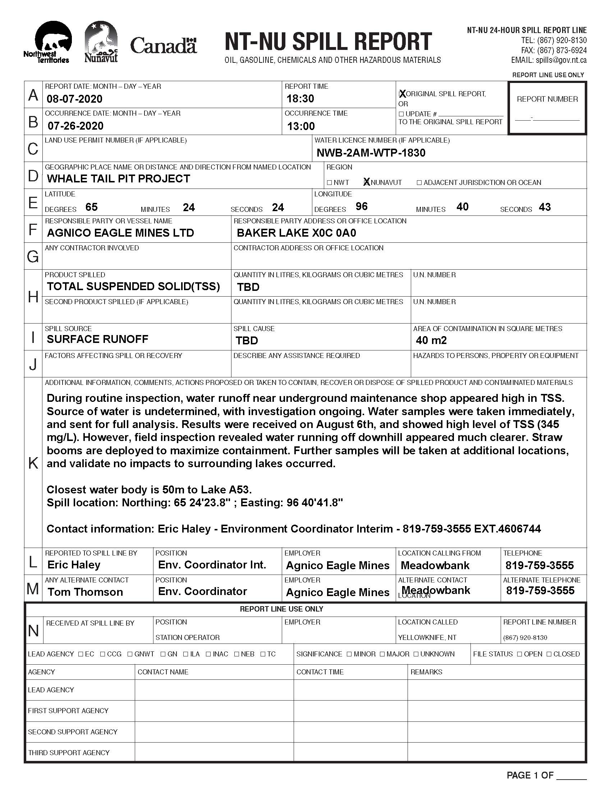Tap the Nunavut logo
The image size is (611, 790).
101,42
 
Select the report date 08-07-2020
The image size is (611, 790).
74,99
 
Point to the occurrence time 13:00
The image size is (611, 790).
301,126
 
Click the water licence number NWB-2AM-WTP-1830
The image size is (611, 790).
371,153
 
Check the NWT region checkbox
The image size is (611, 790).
329,183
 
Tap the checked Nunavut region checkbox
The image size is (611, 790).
367,182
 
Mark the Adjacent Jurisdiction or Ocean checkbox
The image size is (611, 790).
419,183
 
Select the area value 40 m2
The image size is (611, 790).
431,340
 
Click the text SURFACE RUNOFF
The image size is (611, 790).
97,339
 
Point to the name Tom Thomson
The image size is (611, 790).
85,592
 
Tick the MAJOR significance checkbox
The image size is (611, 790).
382,654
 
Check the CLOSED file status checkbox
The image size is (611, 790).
549,654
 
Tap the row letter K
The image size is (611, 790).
33,463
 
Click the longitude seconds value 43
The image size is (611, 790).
545,207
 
